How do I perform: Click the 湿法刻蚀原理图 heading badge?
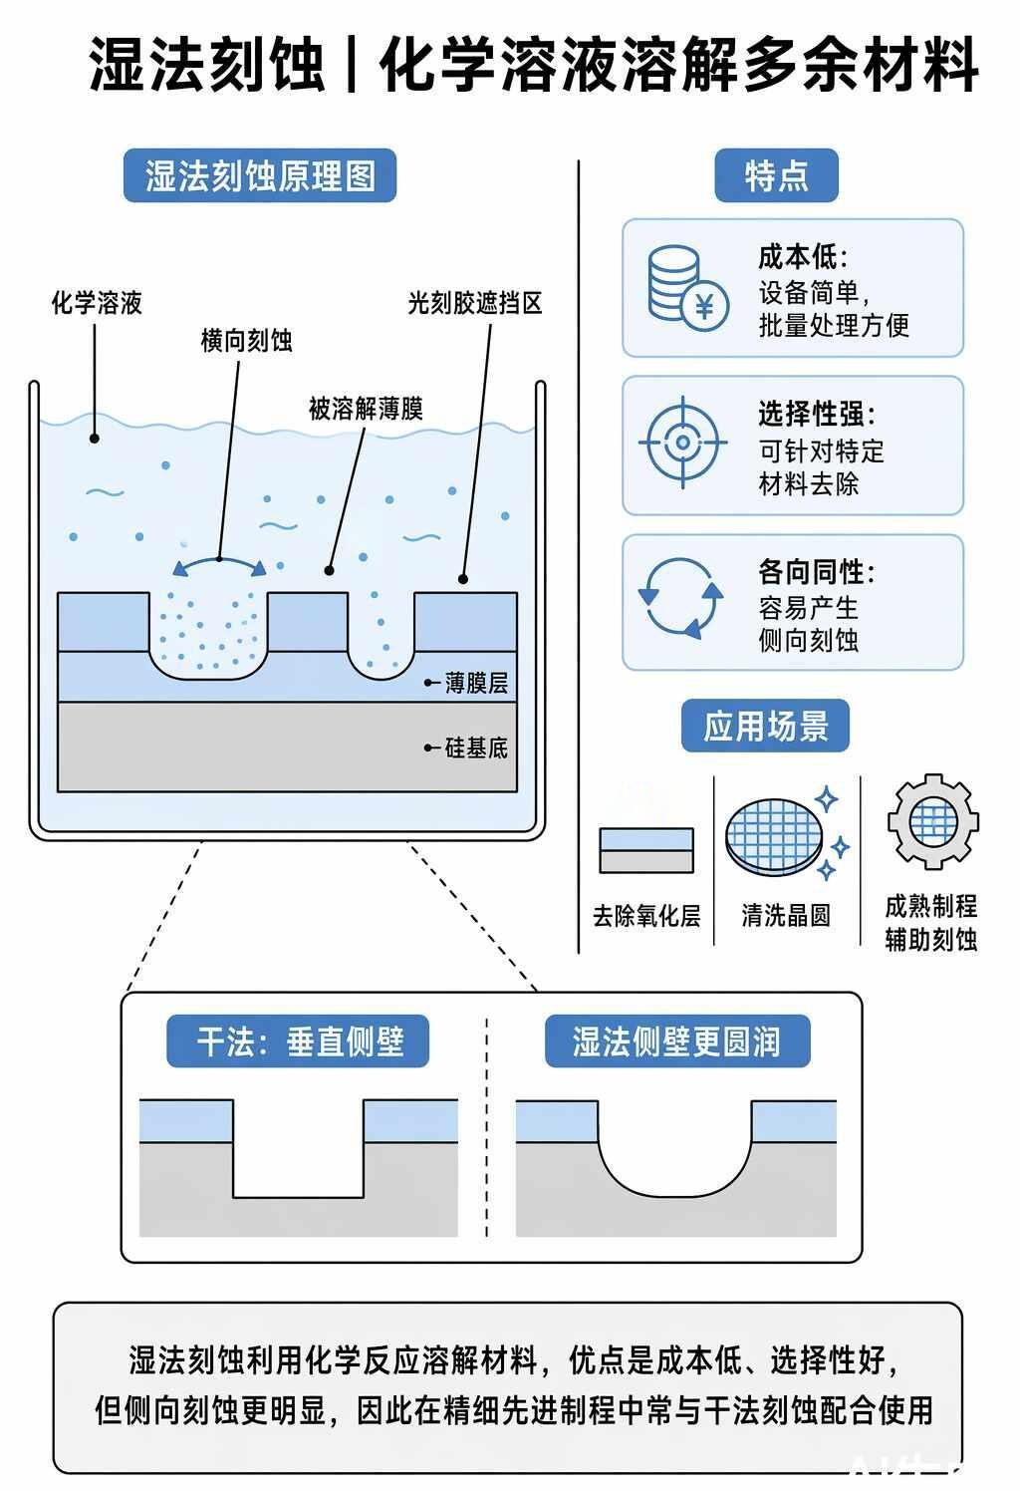pos(260,175)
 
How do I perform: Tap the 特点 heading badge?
pos(776,175)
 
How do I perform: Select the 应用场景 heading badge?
pos(765,726)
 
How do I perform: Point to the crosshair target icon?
pos(682,443)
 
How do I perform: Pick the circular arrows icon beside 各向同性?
pos(680,598)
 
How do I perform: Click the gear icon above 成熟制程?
pos(932,822)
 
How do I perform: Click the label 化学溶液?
pos(98,303)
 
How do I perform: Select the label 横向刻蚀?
pos(247,341)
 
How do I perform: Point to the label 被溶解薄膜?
pos(366,409)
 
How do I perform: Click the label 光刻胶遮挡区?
pos(475,304)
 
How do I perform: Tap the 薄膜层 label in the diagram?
pos(476,683)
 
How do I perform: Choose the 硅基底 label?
pos(476,748)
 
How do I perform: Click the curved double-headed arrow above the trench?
pos(219,561)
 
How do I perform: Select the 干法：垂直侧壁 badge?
pos(298,1042)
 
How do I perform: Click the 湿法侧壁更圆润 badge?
pos(677,1042)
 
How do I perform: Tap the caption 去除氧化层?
pos(646,916)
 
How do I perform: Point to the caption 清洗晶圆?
pos(787,916)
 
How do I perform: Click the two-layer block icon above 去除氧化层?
pos(646,851)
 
